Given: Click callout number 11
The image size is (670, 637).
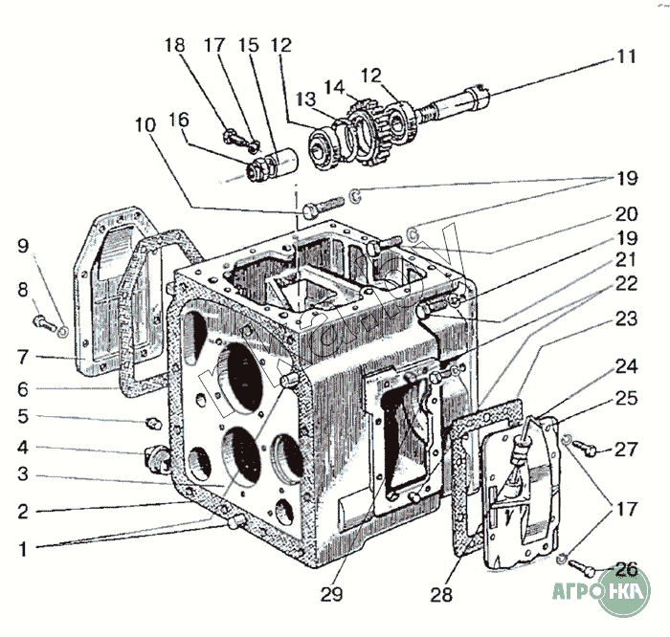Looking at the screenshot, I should point(625,55).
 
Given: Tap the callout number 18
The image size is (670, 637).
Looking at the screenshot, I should point(174,45).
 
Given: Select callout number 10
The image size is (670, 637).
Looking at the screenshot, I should point(145,124).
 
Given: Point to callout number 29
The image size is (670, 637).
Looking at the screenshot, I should point(331,595).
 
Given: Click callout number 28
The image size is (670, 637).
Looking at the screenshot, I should point(440,595).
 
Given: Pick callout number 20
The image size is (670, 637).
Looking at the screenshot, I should point(625,215).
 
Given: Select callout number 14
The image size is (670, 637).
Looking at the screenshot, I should point(333,86).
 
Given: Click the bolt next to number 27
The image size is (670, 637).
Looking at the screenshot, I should point(590,447).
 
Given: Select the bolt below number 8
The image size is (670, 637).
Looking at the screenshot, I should point(43,321).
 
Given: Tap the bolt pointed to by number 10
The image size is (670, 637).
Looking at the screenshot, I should point(322,206).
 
